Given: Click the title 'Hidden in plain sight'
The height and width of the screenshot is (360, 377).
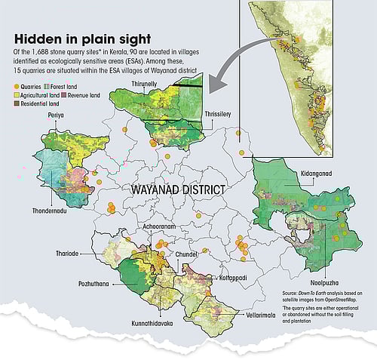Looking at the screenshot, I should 81,37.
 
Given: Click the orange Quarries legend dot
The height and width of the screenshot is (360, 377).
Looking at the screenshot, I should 18,88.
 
